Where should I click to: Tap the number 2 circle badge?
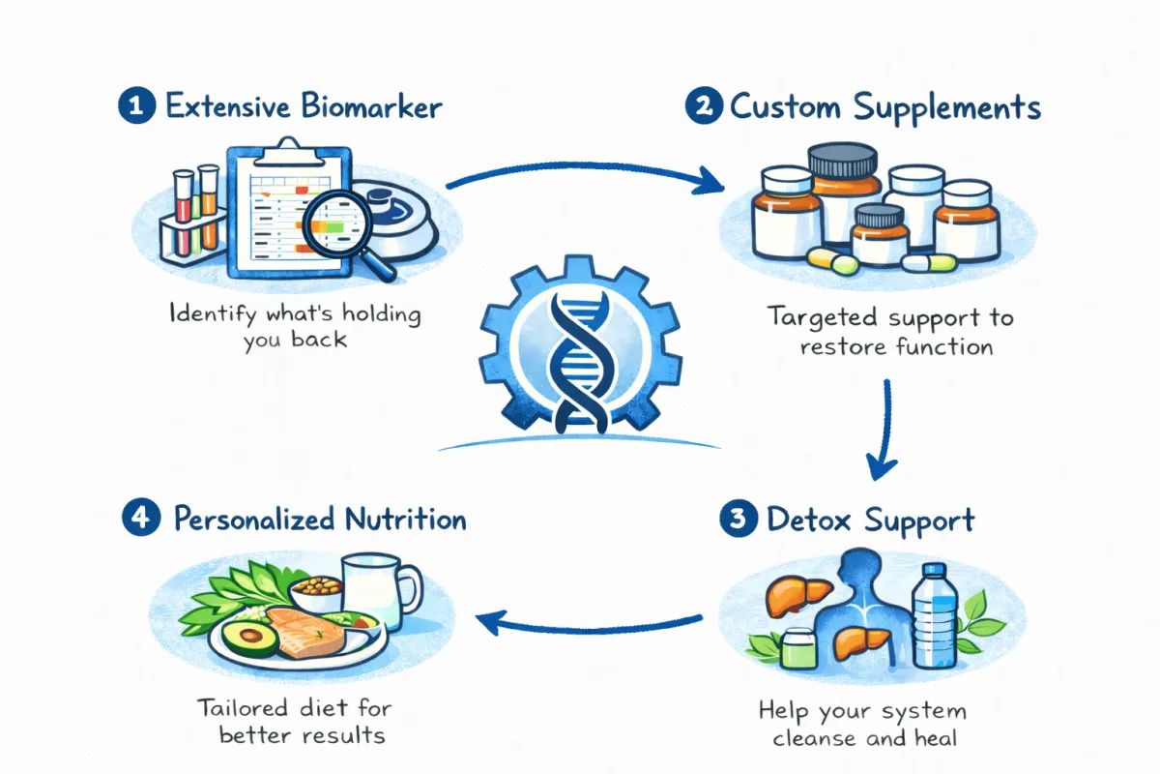pyautogui.click(x=702, y=106)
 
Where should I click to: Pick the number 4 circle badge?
pyautogui.click(x=141, y=519)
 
